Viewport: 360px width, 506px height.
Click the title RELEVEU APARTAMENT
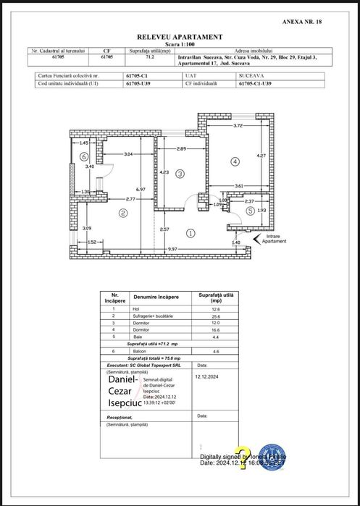[180, 36]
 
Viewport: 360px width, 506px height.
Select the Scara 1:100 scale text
[180, 43]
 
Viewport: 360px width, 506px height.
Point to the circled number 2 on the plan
[123, 213]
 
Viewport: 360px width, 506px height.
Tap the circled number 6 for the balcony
[84, 156]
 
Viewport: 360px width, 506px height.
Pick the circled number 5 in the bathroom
[251, 211]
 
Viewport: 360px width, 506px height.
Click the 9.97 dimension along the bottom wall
[172, 249]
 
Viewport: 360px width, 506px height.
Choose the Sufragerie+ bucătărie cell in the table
[154, 316]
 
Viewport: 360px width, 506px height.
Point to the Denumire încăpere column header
[154, 298]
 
